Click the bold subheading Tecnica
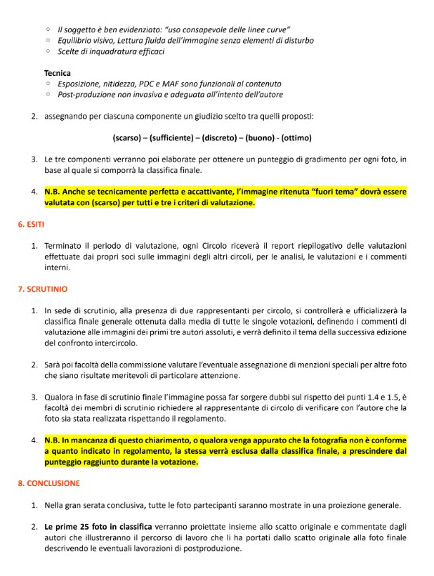pos(57,73)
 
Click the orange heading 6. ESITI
pos(32,224)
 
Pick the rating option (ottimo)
pos(296,138)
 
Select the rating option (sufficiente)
pos(170,138)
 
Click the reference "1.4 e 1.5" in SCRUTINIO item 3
pos(371,398)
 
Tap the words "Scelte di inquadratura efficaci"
pos(111,51)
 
